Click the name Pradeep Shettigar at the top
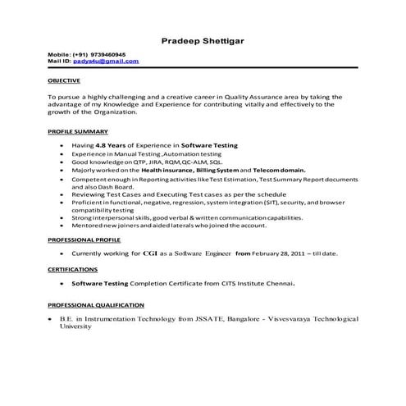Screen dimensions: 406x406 point(202,39)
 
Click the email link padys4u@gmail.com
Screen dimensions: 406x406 point(106,62)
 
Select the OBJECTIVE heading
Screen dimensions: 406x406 point(64,81)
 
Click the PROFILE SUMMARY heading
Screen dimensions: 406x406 point(78,131)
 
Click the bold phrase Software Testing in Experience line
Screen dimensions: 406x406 point(209,145)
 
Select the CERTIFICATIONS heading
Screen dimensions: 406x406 point(73,268)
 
